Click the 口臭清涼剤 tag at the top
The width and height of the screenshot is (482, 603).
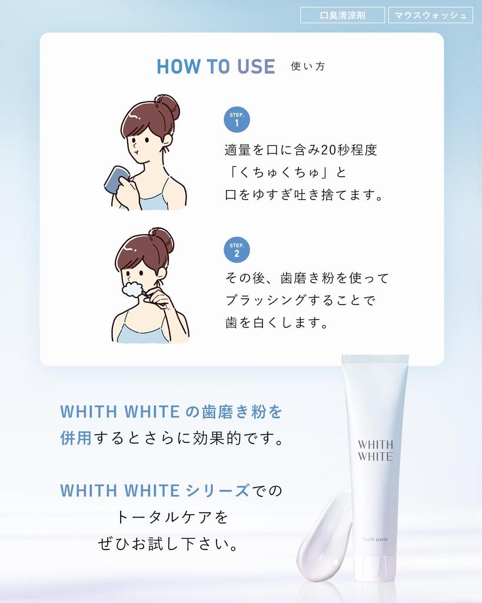pyautogui.click(x=342, y=15)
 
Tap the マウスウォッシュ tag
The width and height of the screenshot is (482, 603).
pyautogui.click(x=430, y=15)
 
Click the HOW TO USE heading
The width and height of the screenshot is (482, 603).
pyautogui.click(x=215, y=67)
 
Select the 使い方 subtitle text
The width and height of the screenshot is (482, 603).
pyautogui.click(x=308, y=67)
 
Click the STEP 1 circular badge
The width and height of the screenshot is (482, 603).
pyautogui.click(x=237, y=120)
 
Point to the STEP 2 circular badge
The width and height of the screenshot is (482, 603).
pyautogui.click(x=237, y=250)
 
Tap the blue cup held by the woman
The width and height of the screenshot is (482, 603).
pyautogui.click(x=115, y=179)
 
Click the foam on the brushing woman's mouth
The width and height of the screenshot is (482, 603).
pyautogui.click(x=132, y=290)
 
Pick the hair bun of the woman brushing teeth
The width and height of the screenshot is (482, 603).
pyautogui.click(x=162, y=240)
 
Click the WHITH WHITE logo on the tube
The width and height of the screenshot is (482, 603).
pyautogui.click(x=375, y=450)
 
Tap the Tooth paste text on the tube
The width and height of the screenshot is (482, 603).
pyautogui.click(x=375, y=539)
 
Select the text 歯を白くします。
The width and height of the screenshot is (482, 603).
pyautogui.click(x=277, y=323)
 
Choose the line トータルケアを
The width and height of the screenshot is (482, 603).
pyautogui.click(x=172, y=518)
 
